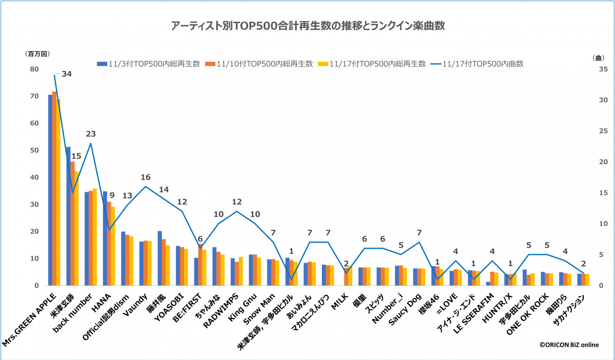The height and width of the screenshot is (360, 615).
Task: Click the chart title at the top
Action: point(308,26)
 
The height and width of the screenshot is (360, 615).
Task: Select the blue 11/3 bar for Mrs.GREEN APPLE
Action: point(50,190)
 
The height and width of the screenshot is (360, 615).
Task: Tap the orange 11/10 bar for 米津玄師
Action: point(73,223)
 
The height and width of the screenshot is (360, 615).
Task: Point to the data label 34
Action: point(67,74)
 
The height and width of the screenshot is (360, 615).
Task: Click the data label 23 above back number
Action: point(91,134)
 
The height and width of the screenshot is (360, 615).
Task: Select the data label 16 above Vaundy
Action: point(146,177)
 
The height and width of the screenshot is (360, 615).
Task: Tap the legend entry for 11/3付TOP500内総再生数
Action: point(149,64)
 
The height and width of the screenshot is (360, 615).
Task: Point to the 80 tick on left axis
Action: point(34,69)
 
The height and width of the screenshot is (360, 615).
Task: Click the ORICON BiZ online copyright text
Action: point(568,345)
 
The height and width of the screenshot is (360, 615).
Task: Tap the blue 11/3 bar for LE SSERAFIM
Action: point(488,283)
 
